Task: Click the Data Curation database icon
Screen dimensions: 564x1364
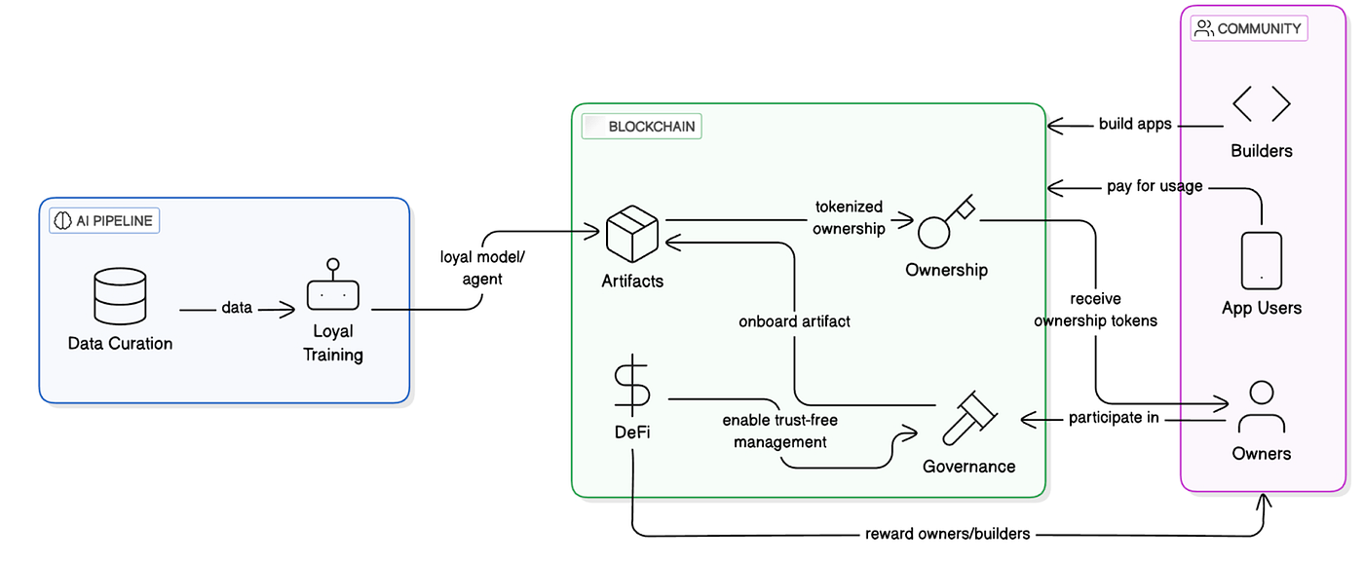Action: [120, 296]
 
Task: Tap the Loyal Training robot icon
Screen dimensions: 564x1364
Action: [333, 288]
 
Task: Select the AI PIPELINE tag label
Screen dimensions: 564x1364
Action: [104, 221]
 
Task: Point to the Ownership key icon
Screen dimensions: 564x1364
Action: [946, 224]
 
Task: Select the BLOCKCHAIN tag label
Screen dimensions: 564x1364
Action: [642, 127]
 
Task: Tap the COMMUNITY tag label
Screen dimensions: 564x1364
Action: [1249, 28]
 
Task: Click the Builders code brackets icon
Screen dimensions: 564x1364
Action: [1262, 105]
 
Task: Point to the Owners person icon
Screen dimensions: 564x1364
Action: [1262, 407]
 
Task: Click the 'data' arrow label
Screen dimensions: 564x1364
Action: [237, 308]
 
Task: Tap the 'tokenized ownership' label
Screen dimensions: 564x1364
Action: [849, 217]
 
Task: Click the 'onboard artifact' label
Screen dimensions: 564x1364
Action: [794, 320]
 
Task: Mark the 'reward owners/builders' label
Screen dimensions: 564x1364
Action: [947, 534]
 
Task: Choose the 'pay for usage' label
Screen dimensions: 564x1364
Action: [1155, 186]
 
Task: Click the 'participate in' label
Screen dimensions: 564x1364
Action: [1114, 418]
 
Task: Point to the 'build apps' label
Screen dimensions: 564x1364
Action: [1135, 124]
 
